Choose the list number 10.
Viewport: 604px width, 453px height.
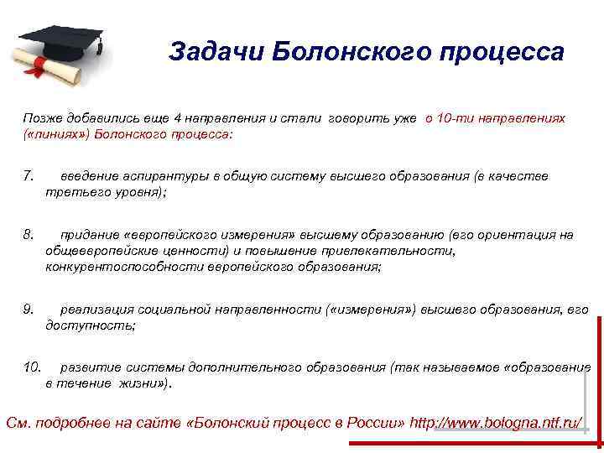click(x=31, y=367)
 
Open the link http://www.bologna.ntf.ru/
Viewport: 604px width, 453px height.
click(x=496, y=422)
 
